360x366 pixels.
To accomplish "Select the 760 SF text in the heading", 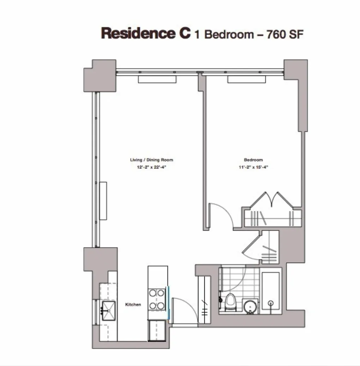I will coord(286,34).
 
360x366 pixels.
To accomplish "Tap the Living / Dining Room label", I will coord(151,160).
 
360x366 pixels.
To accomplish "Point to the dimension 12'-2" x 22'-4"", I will coord(151,167).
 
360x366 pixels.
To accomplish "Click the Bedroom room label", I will coord(253,160).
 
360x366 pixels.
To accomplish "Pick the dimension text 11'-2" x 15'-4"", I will coord(253,167).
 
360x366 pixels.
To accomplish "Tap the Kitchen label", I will coord(133,304).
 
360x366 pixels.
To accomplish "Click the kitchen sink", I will coord(108,311).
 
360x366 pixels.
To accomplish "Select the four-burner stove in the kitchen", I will coord(157,299).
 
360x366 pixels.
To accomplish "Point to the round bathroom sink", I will coord(251,305).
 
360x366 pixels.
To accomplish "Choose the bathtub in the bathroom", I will coord(271,292).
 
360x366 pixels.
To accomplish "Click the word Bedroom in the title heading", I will coord(229,35).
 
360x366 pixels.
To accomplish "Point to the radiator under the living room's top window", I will coord(157,80).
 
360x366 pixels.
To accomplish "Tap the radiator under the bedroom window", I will coord(246,80).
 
